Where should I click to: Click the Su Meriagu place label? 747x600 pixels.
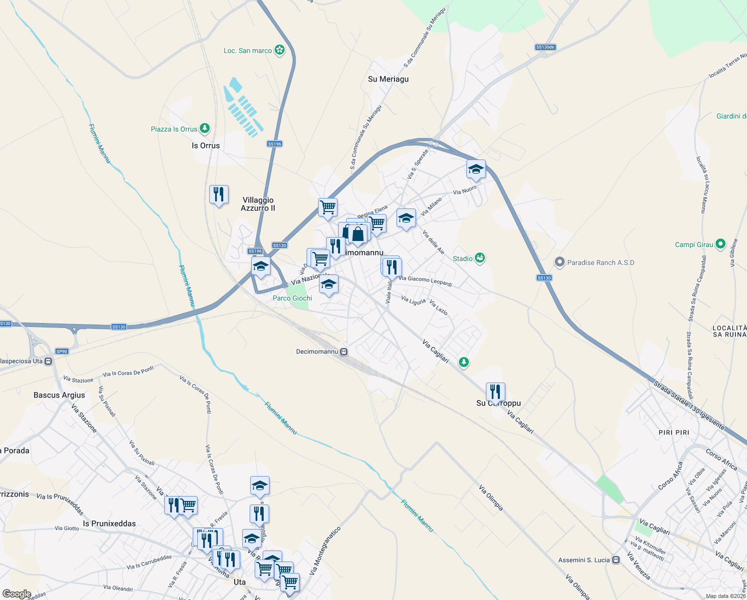click(388, 79)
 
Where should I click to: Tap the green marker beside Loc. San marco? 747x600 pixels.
click(280, 50)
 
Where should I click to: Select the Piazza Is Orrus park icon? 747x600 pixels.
click(205, 128)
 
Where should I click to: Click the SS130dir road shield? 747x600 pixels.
click(545, 47)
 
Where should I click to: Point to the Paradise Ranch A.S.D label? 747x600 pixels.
click(600, 262)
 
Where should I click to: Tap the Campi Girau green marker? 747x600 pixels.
click(720, 244)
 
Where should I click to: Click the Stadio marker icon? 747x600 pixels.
click(480, 258)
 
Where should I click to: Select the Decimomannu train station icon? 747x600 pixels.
click(344, 351)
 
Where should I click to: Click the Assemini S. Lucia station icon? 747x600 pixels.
click(616, 560)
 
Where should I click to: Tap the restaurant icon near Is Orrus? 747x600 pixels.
click(219, 194)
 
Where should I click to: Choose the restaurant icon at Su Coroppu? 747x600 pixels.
click(495, 391)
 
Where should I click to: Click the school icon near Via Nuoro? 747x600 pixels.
click(476, 169)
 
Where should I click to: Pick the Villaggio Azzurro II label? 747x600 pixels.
click(258, 204)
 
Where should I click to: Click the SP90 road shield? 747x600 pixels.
click(62, 351)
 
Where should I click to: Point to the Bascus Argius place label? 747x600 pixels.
click(59, 395)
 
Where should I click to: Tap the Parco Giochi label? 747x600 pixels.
click(292, 298)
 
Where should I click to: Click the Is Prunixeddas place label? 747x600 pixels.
click(109, 523)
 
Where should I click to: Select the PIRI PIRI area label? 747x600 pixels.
click(674, 432)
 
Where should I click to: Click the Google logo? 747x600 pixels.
click(16, 594)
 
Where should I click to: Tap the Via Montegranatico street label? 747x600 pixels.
click(325, 550)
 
